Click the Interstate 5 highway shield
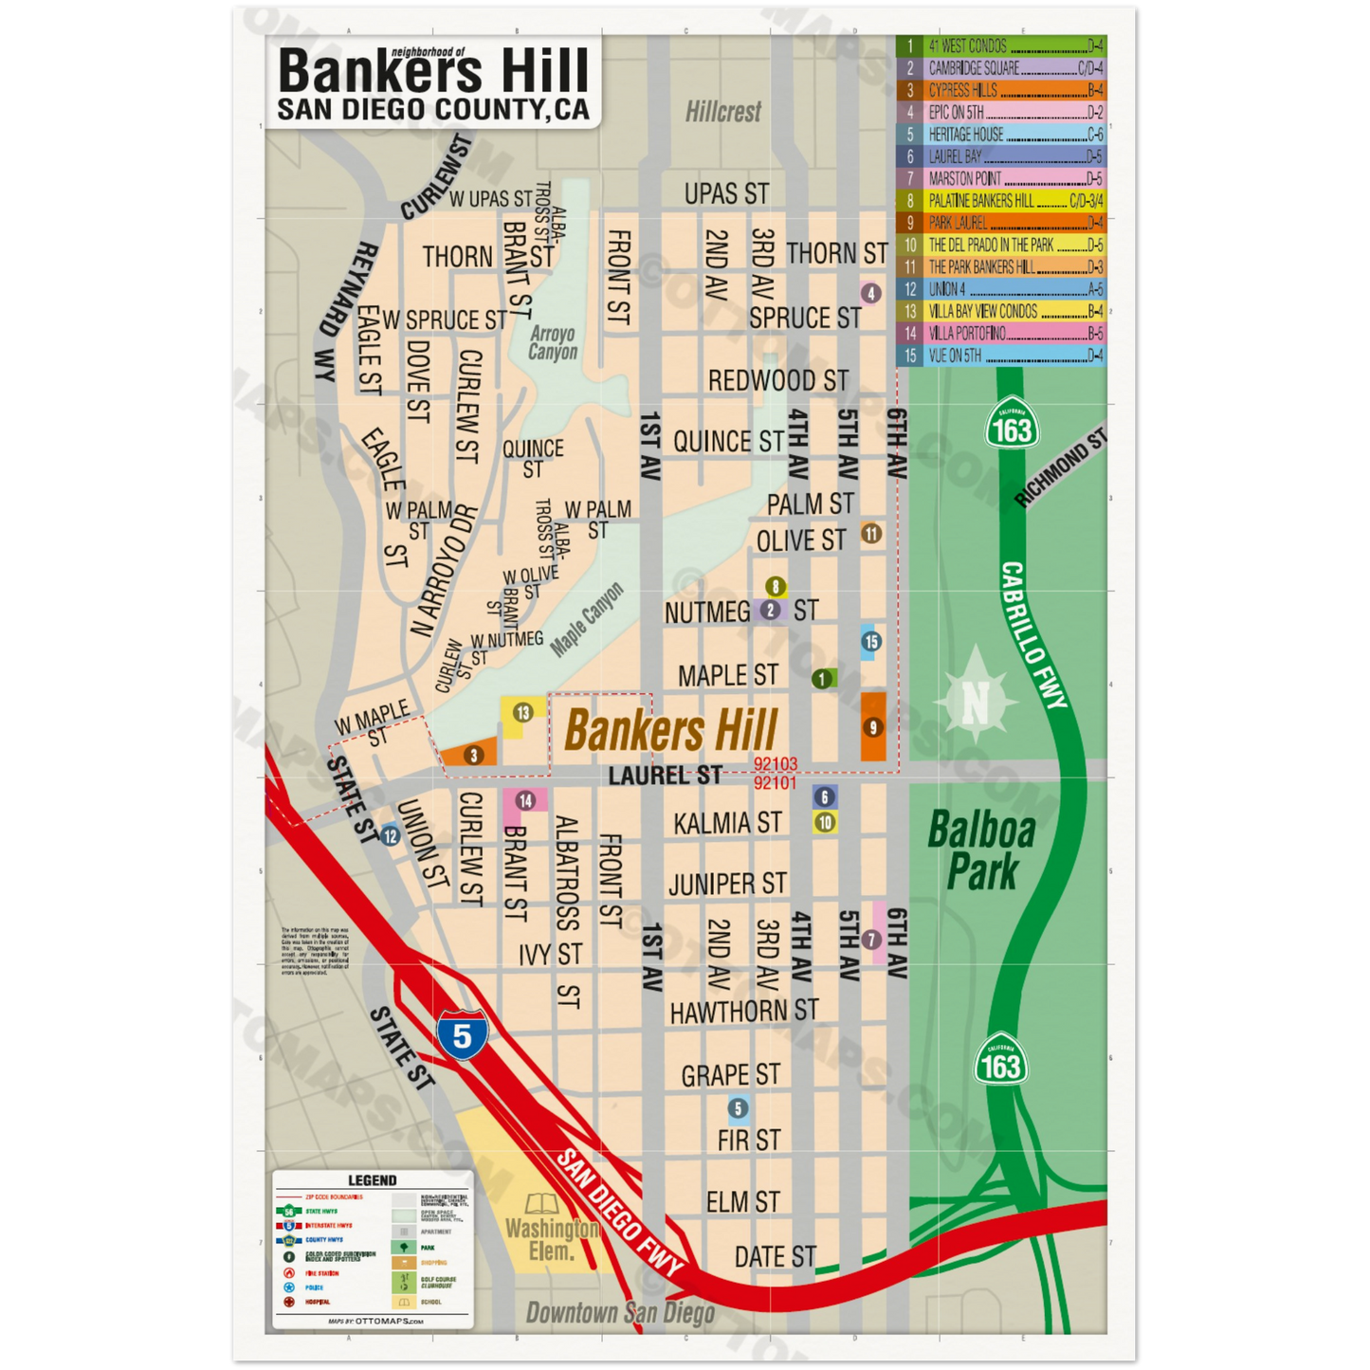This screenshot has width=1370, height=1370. [462, 1034]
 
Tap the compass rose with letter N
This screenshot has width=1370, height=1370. [976, 703]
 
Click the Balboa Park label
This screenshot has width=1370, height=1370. [982, 850]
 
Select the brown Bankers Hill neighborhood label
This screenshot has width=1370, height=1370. [671, 730]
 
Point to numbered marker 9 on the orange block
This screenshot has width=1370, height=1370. [873, 727]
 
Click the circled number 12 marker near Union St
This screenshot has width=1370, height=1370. [391, 836]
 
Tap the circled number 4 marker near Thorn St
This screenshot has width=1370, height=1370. [870, 293]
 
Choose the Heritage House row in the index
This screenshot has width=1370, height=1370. [1001, 135]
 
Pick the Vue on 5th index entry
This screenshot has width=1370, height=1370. [1001, 356]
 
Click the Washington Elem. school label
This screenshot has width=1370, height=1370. [552, 1239]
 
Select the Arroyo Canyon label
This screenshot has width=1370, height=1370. [553, 342]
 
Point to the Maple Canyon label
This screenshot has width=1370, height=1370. [588, 619]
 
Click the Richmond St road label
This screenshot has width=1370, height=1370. [1060, 468]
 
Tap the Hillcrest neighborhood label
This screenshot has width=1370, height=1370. [723, 112]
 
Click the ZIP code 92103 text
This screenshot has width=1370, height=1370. [776, 763]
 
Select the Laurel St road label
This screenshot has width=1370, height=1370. [665, 776]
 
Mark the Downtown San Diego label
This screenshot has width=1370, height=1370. [620, 1313]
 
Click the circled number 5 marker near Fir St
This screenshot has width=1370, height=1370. [739, 1107]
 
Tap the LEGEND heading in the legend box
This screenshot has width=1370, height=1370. [373, 1180]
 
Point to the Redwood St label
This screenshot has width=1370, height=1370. [778, 381]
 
